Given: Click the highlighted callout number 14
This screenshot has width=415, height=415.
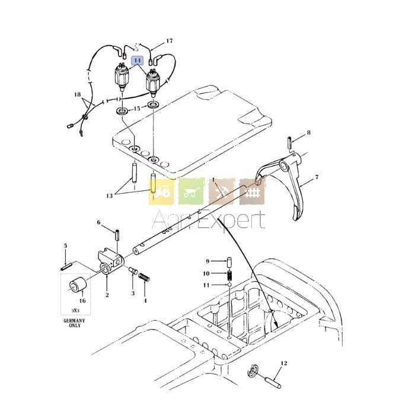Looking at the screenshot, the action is click(x=138, y=60).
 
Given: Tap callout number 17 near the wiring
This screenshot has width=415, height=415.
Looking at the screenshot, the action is click(x=170, y=41).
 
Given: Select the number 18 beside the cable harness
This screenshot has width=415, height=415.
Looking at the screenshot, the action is click(x=77, y=94).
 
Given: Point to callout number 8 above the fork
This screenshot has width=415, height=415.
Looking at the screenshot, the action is click(x=309, y=133).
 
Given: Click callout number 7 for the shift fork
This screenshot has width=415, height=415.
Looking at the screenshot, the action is click(x=317, y=177).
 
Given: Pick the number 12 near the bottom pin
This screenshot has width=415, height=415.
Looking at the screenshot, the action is click(x=284, y=363).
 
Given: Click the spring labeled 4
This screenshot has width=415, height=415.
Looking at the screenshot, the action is click(x=144, y=277).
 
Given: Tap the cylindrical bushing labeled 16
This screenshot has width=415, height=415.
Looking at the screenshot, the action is click(x=78, y=285).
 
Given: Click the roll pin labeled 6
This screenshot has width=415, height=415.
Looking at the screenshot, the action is click(x=116, y=235).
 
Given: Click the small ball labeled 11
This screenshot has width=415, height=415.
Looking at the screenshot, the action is click(x=229, y=285).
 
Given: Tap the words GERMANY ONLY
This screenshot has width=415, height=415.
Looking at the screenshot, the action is click(x=75, y=323).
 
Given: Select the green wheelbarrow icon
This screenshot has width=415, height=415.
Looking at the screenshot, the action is click(x=191, y=191).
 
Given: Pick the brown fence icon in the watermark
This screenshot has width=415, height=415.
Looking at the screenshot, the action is click(x=252, y=192).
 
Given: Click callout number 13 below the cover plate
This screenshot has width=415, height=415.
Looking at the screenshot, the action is click(x=109, y=196).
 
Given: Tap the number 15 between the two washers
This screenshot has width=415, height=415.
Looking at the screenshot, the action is click(x=137, y=108).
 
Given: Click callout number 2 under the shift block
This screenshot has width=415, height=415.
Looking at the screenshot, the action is click(x=107, y=295).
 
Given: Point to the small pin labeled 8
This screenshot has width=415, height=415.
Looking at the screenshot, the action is click(x=289, y=142).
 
